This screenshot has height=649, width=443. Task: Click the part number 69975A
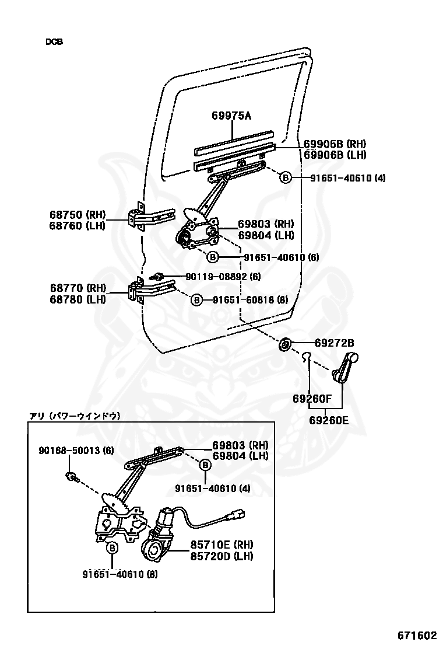tap(231, 116)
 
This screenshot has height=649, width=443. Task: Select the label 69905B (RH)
tap(335, 144)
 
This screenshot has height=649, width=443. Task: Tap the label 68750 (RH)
tap(78, 214)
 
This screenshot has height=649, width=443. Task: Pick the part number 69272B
tap(334, 343)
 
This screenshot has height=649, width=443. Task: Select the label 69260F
tap(312, 399)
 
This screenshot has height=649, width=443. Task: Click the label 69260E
tap(329, 419)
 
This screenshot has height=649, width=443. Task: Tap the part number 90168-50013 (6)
tap(76, 451)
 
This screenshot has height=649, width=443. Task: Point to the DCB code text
tap(54, 42)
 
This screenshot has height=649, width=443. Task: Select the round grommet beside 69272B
tap(286, 344)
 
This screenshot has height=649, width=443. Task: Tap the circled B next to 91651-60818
tap(197, 299)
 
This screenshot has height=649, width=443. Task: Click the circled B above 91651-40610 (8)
tap(112, 548)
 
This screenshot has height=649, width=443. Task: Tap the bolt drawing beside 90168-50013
tap(71, 476)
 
